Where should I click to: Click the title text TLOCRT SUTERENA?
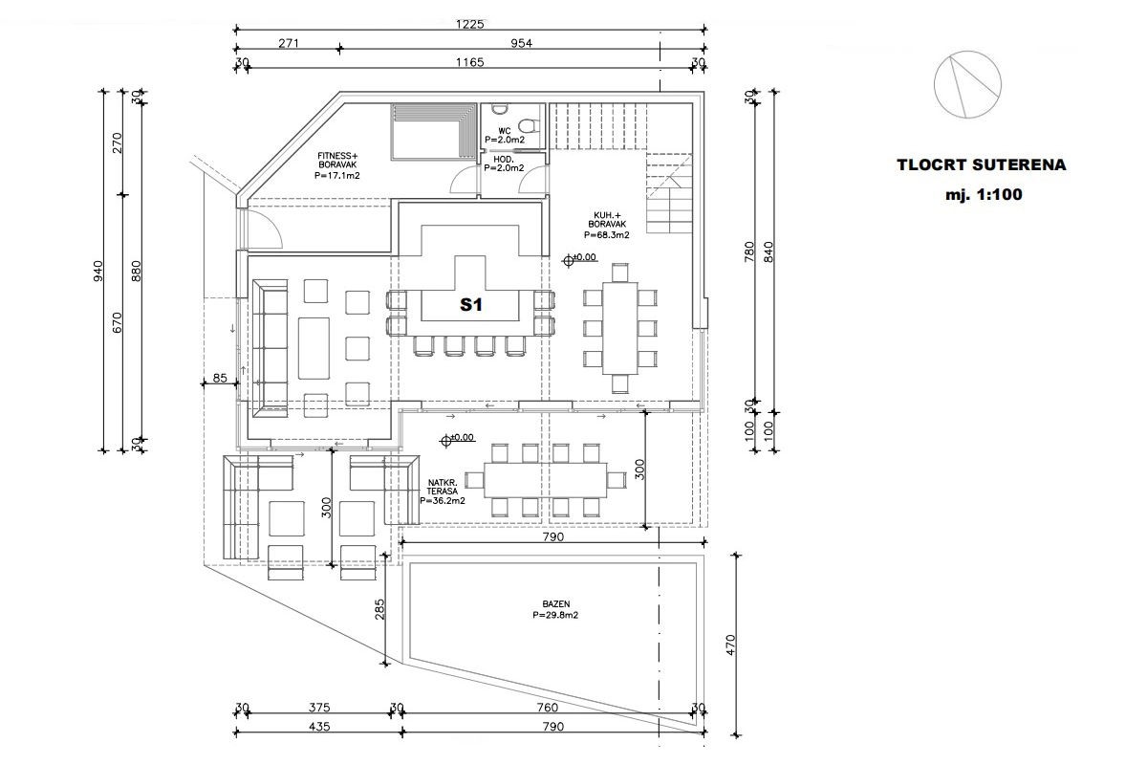pos(981,165)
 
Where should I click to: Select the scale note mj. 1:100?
pos(984,195)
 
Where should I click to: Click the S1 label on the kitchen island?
pos(470,305)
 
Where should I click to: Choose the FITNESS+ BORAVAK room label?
pos(337,165)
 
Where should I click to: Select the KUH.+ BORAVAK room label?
pos(607,225)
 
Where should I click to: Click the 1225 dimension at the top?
pos(469,24)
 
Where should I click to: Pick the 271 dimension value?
pos(289,44)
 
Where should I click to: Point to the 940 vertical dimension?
pos(98,271)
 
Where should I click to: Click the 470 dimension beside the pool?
pos(730,645)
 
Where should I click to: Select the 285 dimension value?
pos(379,610)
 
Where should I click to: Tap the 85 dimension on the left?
pos(220,378)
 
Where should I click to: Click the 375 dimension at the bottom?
pos(319,708)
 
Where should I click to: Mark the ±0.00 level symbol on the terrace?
pos(446,440)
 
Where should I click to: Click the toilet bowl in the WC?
pos(528,125)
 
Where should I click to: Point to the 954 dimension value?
pos(521,44)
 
